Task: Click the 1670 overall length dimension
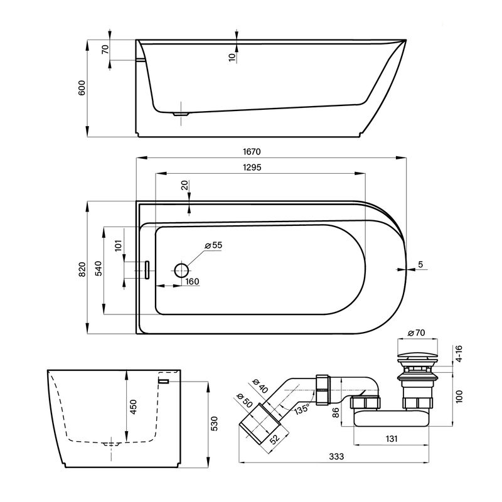pyautogui.click(x=252, y=151)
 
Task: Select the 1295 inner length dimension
pyautogui.click(x=252, y=167)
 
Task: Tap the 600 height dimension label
pyautogui.click(x=82, y=88)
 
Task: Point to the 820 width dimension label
pyautogui.click(x=82, y=269)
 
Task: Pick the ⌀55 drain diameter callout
pyautogui.click(x=213, y=245)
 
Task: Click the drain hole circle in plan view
pyautogui.click(x=181, y=270)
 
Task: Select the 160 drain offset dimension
pyautogui.click(x=192, y=281)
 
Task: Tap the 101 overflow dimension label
pyautogui.click(x=119, y=245)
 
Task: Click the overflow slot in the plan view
pyautogui.click(x=147, y=270)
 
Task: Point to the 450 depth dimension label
pyautogui.click(x=134, y=407)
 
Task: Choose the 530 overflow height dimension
pyautogui.click(x=214, y=423)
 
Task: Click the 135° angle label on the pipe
pyautogui.click(x=302, y=409)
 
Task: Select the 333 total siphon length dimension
pyautogui.click(x=336, y=456)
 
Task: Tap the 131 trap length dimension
pyautogui.click(x=391, y=438)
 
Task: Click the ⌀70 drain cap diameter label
pyautogui.click(x=416, y=333)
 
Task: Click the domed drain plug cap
pyautogui.click(x=417, y=355)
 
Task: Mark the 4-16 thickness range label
pyautogui.click(x=459, y=353)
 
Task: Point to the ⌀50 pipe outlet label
pyautogui.click(x=245, y=400)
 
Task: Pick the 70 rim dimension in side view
pyautogui.click(x=105, y=50)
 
